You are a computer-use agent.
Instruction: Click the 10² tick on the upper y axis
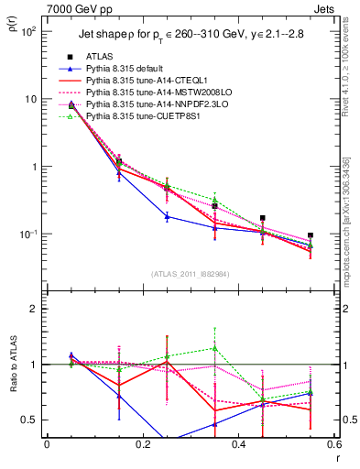pyautogui.click(x=30, y=30)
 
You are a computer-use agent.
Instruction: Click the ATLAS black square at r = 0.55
pyautogui.click(x=311, y=235)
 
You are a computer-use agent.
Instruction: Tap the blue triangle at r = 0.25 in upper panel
pyautogui.click(x=167, y=216)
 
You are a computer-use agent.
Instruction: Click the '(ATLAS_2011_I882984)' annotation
pyautogui.click(x=191, y=274)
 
